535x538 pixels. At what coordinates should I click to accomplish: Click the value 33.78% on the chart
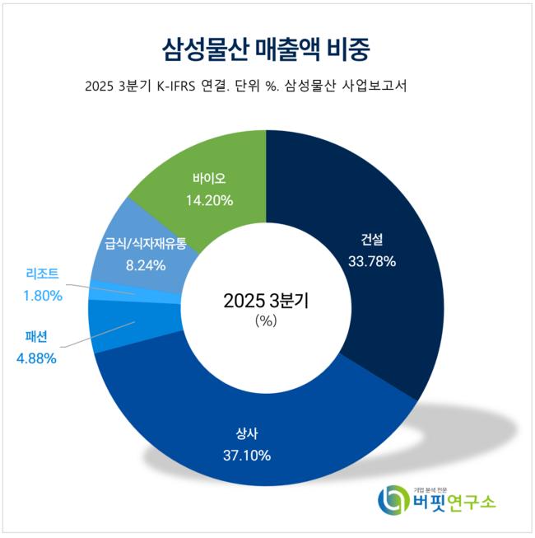click(x=372, y=261)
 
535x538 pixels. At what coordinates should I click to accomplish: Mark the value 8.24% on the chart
click(x=146, y=265)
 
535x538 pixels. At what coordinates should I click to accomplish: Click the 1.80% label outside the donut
click(x=41, y=294)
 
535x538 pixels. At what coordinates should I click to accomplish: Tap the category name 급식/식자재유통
click(x=146, y=244)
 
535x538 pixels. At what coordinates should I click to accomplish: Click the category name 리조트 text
click(x=41, y=274)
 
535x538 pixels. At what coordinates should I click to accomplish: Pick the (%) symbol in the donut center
click(x=266, y=321)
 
